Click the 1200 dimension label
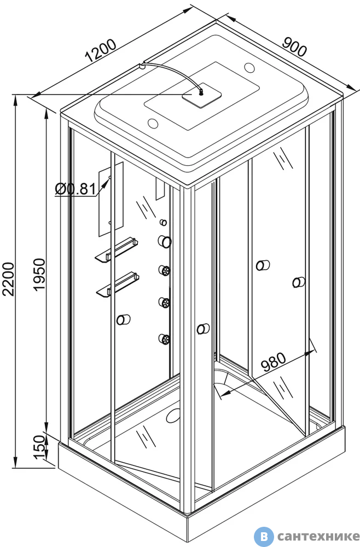point(101,51)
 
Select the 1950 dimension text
point(39,274)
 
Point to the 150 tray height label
point(39,447)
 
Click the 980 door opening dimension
point(274,362)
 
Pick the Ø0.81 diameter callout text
point(76,189)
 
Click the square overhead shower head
point(202,96)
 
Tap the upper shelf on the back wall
point(116,249)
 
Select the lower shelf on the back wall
point(118,284)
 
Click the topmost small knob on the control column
point(163,222)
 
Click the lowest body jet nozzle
point(164,339)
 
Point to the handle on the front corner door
point(203,329)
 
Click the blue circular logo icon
point(264,536)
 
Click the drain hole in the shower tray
point(173,416)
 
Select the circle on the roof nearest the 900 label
point(250,67)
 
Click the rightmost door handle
point(299,282)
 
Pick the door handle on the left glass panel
point(123,319)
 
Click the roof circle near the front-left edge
point(153,123)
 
